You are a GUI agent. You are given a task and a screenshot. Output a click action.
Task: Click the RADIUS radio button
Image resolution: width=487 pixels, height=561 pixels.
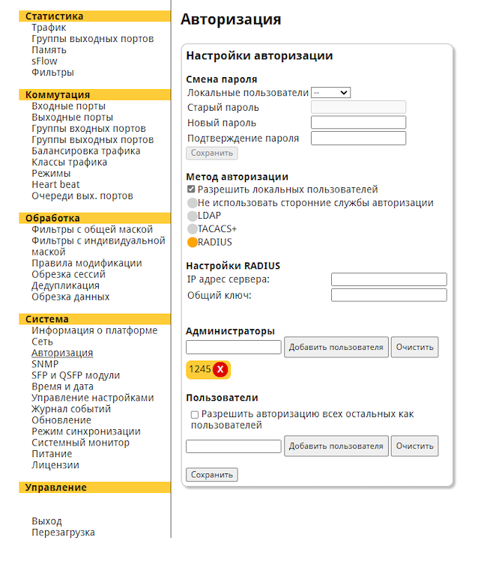[x=193, y=242]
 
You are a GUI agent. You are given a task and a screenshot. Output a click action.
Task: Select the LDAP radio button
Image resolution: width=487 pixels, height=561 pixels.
[x=193, y=216]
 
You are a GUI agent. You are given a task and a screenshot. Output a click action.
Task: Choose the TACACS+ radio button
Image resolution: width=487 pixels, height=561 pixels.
[x=193, y=228]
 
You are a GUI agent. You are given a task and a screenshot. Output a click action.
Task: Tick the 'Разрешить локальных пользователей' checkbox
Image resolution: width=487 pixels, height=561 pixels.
[x=192, y=190]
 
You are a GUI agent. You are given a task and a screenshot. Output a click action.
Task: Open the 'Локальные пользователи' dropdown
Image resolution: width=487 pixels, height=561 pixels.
[x=330, y=93]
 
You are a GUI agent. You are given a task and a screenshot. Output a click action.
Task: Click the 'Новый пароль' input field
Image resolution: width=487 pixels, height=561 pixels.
[x=358, y=123]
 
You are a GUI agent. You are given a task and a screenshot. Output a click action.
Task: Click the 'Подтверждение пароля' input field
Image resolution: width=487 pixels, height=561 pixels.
[x=358, y=139]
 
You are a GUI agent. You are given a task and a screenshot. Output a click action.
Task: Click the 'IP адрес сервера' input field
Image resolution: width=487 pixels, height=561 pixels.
[x=388, y=279]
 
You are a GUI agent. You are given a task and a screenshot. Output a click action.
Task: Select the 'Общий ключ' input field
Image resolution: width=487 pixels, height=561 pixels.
[x=388, y=295]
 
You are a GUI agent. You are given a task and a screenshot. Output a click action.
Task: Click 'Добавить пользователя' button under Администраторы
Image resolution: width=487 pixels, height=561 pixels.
[x=336, y=347]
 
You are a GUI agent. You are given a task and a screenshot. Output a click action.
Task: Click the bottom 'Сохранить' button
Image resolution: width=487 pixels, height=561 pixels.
[x=211, y=474]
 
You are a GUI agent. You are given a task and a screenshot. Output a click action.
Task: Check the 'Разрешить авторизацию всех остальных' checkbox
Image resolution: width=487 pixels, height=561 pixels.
[x=195, y=414]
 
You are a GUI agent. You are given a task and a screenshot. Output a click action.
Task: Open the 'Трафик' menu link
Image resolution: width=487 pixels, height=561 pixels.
[x=49, y=28]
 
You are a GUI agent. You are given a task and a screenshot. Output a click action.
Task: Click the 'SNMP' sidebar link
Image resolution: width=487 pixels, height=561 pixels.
[x=45, y=364]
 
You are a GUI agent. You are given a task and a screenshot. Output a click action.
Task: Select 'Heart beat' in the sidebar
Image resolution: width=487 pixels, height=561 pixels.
[x=55, y=184]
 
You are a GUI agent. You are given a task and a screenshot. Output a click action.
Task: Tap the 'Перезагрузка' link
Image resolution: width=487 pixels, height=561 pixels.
[x=63, y=533]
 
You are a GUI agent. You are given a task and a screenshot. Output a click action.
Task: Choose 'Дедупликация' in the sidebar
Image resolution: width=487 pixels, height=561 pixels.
[x=65, y=285]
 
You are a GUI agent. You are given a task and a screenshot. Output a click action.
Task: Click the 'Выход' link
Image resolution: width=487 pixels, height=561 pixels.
[x=46, y=521]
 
